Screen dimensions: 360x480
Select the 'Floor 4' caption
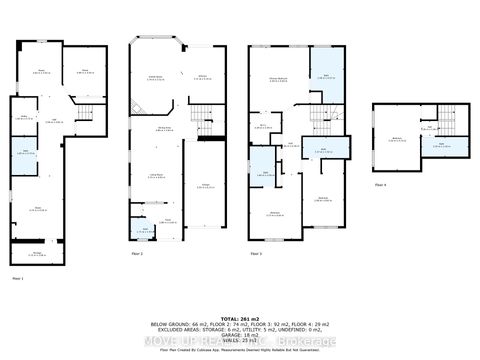click(380, 185)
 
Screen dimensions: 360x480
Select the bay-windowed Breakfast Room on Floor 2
click(157, 78)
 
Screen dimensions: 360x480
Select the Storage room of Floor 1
click(36, 254)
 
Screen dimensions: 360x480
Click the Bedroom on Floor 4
click(398, 128)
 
